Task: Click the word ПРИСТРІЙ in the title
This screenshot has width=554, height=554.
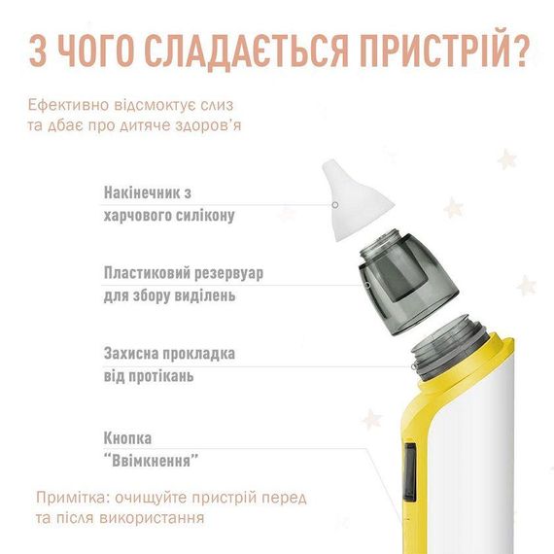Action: coord(433,51)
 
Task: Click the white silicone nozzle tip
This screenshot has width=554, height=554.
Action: coord(356,199)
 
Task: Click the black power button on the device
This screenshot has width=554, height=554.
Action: coord(410,472)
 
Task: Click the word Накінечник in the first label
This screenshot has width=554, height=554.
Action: coord(143,192)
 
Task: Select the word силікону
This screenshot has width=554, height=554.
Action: coord(205,215)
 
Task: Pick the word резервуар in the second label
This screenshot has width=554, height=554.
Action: coord(228,273)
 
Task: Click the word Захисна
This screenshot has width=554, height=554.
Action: coord(133,354)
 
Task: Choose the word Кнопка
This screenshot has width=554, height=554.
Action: coord(128,438)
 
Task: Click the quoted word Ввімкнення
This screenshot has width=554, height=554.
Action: coord(152,461)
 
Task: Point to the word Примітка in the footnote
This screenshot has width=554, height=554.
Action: coord(69,499)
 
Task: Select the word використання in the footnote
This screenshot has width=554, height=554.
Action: coord(152,519)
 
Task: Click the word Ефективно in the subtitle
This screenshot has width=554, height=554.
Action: coord(69,105)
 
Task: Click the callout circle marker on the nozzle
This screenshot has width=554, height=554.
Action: coord(335,205)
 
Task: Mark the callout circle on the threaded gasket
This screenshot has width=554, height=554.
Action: coord(414,366)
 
